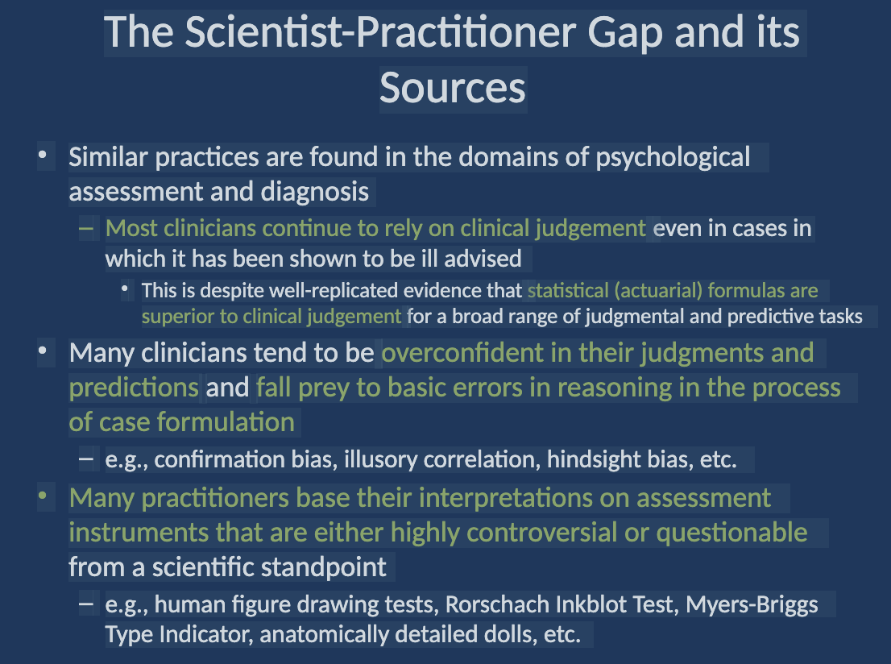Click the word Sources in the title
(452, 89)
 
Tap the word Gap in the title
(625, 34)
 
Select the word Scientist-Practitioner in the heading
(380, 32)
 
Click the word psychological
(673, 158)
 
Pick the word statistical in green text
(568, 290)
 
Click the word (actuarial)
(658, 291)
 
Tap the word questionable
(731, 533)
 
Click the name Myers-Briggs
(752, 605)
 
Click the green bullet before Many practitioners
(43, 495)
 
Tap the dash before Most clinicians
(86, 229)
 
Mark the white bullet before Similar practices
(43, 154)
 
